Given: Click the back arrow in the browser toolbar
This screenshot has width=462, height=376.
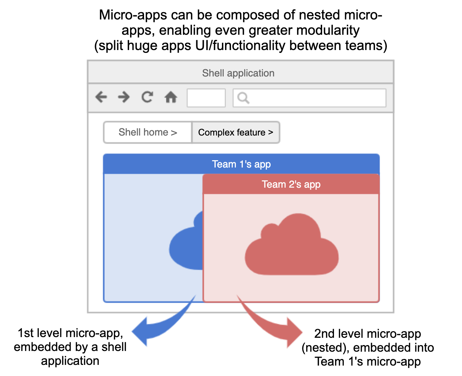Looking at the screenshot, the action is tap(101, 97).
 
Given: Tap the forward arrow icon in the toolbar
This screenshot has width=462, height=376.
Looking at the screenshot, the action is tap(124, 97).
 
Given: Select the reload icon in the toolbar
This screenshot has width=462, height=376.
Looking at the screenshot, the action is tap(147, 97).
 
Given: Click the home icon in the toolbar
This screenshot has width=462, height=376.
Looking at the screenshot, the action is tap(171, 97).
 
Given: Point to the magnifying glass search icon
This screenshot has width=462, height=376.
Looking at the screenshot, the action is tap(243, 98).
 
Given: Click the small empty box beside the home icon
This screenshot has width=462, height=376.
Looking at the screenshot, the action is tap(206, 98).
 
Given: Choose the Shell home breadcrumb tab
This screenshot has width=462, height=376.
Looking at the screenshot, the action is tap(148, 132).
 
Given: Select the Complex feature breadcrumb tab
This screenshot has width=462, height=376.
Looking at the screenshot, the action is tap(236, 132).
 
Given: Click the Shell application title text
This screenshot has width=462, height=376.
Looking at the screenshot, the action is tap(238, 73).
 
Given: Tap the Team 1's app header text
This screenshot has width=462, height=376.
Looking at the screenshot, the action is tap(241, 164).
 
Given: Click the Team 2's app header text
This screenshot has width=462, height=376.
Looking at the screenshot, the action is tap(291, 184).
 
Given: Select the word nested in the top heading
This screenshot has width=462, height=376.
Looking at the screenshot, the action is tap(319, 15).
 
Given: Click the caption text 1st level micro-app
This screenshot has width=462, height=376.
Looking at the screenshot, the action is tap(70, 333).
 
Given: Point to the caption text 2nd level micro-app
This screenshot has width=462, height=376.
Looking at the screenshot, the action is tap(368, 334).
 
